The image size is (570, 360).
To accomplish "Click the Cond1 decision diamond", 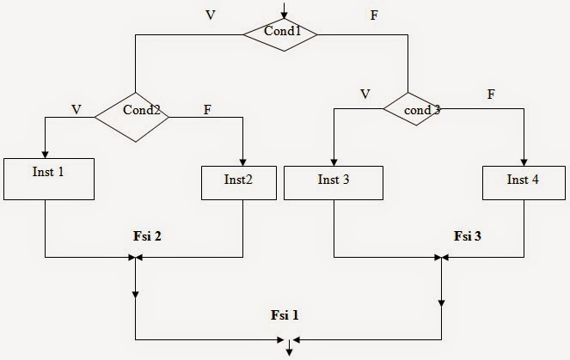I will pyautogui.click(x=279, y=34).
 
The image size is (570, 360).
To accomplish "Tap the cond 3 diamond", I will pyautogui.click(x=412, y=110).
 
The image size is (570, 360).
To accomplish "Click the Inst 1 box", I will pyautogui.click(x=48, y=180).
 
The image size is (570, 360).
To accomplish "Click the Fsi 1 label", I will pyautogui.click(x=285, y=315).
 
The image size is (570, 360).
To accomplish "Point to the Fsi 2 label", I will pyautogui.click(x=147, y=235).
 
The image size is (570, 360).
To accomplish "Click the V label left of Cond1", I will pyautogui.click(x=211, y=15).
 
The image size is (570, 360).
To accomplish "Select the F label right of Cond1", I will pyautogui.click(x=371, y=15).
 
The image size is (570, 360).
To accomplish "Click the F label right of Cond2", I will pyautogui.click(x=207, y=109).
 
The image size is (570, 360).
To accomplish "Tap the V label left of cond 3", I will pyautogui.click(x=365, y=94).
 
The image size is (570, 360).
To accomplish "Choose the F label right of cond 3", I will pyautogui.click(x=491, y=94).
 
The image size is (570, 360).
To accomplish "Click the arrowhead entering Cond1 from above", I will pyautogui.click(x=280, y=15).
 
